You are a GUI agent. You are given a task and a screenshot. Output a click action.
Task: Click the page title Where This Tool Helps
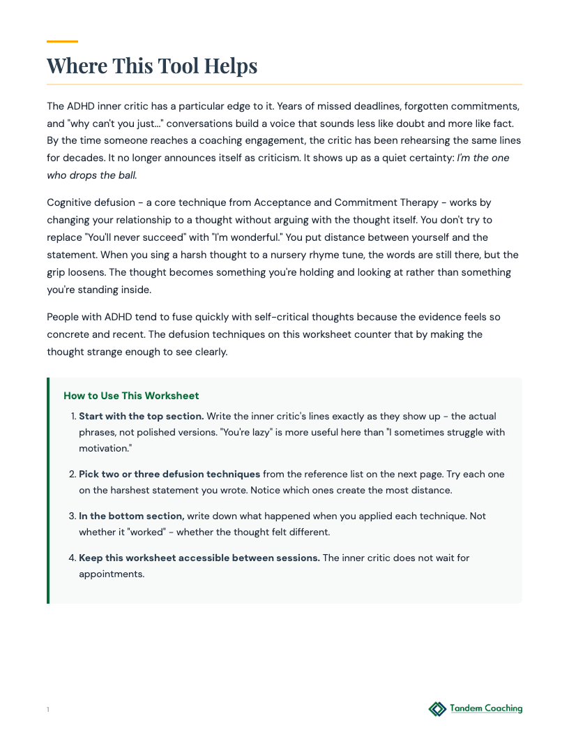tap(152, 66)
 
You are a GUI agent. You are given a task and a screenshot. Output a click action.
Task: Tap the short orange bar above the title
tap(62, 42)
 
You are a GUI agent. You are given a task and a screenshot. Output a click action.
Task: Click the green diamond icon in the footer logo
tap(437, 709)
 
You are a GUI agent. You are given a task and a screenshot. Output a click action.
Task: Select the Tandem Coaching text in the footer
tap(486, 708)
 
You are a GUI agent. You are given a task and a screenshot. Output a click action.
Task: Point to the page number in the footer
tap(48, 710)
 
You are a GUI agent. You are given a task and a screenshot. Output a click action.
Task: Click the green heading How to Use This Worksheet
tap(131, 396)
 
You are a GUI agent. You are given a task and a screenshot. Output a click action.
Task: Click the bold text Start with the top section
tap(141, 416)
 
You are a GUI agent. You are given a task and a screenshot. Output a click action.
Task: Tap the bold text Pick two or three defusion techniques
tap(169, 474)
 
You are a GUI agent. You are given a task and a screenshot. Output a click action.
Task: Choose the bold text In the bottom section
tap(132, 516)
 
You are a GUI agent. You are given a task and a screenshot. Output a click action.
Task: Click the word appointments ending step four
tap(111, 574)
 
